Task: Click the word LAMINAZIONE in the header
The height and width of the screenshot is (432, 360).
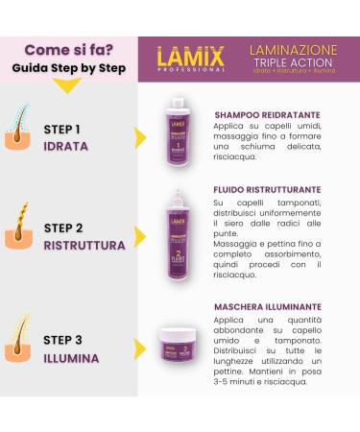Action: tap(292, 48)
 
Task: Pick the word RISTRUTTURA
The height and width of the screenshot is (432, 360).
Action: tap(84, 245)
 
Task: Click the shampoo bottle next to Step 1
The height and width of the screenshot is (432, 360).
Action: tap(176, 132)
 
